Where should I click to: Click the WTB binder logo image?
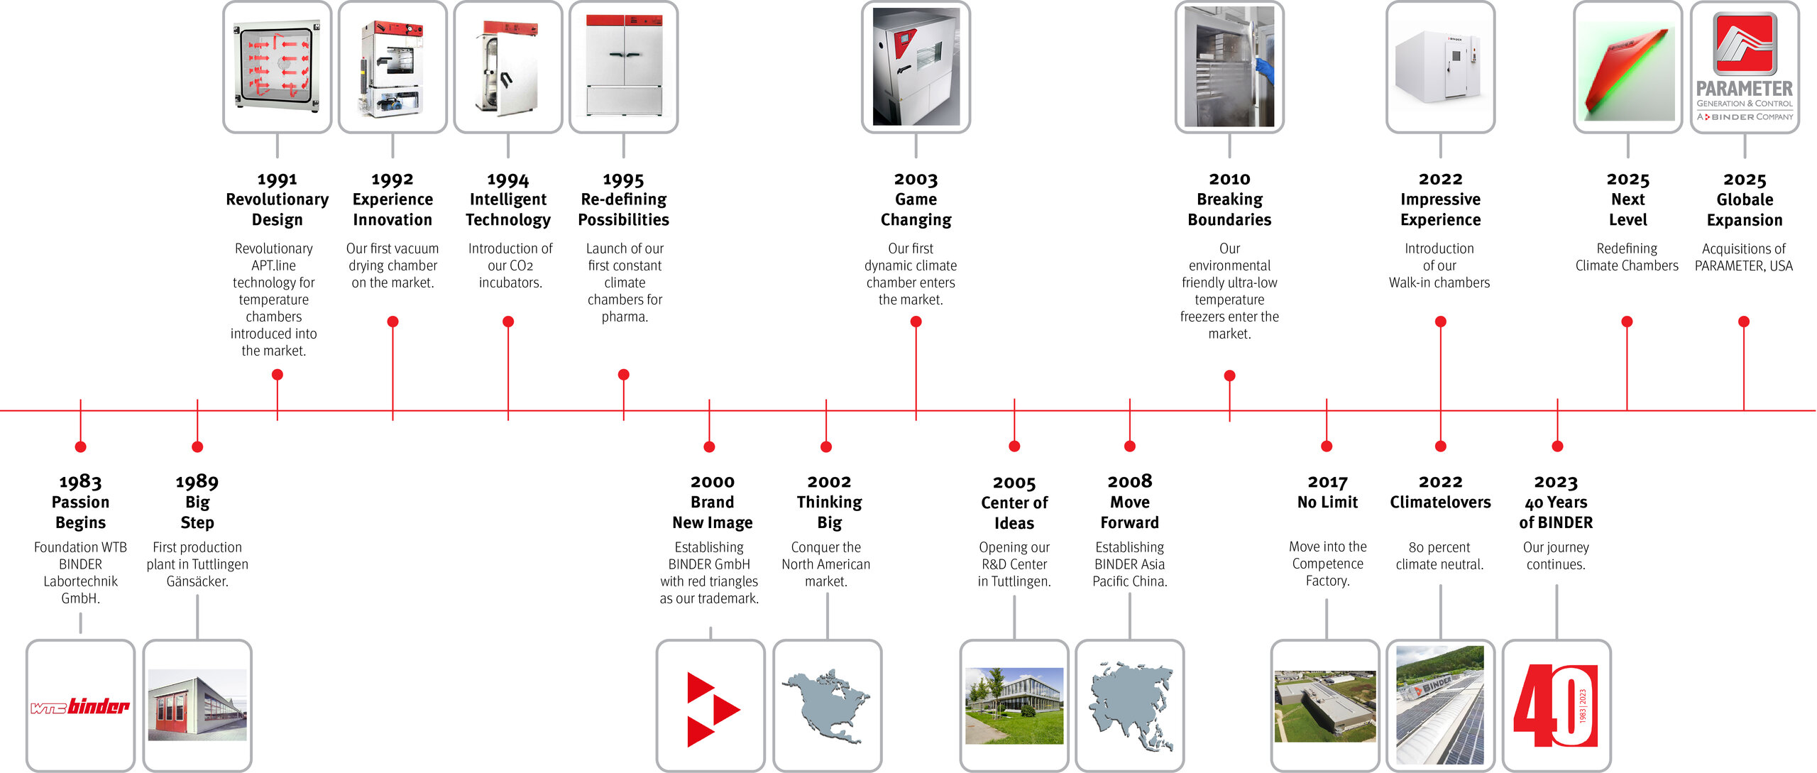pyautogui.click(x=80, y=706)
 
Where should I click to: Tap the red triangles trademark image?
pyautogui.click(x=710, y=708)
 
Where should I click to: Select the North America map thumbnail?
pyautogui.click(x=827, y=706)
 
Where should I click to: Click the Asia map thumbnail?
pyautogui.click(x=1130, y=706)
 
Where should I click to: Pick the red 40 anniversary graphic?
pyautogui.click(x=1556, y=706)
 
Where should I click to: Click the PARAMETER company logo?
pyautogui.click(x=1745, y=67)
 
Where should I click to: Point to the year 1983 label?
pyautogui.click(x=80, y=482)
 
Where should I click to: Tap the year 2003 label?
pyautogui.click(x=916, y=180)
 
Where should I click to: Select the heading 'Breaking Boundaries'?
pyautogui.click(x=1229, y=209)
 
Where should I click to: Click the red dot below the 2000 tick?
pyautogui.click(x=709, y=446)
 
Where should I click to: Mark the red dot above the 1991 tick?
pyautogui.click(x=278, y=374)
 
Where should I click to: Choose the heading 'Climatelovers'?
pyautogui.click(x=1440, y=503)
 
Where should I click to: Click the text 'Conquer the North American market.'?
pyautogui.click(x=826, y=564)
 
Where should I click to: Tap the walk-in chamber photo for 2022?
pyautogui.click(x=1440, y=67)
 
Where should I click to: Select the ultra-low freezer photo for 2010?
pyautogui.click(x=1229, y=67)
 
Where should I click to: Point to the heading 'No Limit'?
pyautogui.click(x=1327, y=503)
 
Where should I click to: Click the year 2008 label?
pyautogui.click(x=1130, y=481)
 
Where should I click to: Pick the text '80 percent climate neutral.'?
pyautogui.click(x=1439, y=556)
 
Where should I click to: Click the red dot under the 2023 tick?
pyautogui.click(x=1557, y=446)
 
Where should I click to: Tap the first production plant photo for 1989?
pyautogui.click(x=197, y=706)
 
